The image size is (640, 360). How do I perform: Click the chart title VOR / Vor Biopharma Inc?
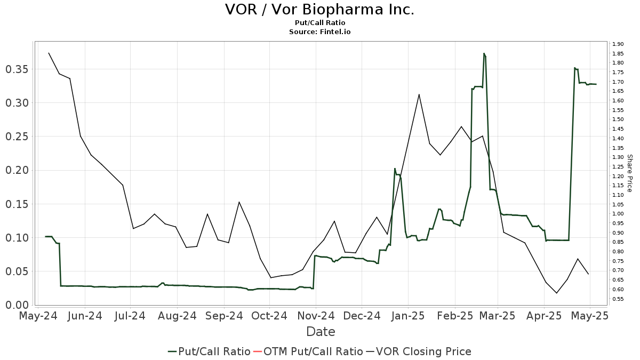point(319,10)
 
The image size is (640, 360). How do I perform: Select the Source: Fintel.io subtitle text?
point(319,32)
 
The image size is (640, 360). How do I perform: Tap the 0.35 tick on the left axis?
point(18,69)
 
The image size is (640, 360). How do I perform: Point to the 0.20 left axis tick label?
point(18,170)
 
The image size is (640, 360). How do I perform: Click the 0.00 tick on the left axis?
point(18,305)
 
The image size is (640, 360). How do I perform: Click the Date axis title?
point(321,332)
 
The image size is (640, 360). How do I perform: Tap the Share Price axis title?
point(629,173)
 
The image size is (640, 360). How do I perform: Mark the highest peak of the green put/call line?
point(484,53)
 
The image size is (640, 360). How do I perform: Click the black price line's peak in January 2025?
point(419,94)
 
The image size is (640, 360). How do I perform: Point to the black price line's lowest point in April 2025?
point(557,293)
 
